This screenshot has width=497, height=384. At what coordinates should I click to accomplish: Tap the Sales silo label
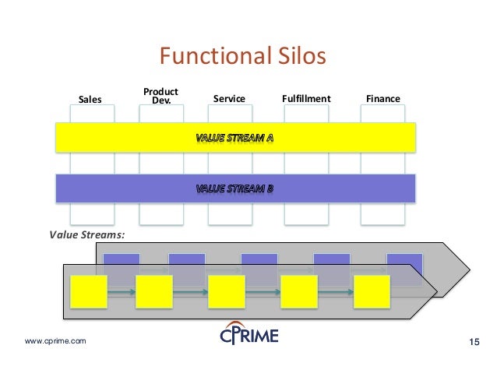(x=91, y=99)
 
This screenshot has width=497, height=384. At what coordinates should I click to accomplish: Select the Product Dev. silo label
(x=161, y=96)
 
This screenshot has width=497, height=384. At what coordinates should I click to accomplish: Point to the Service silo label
(x=229, y=99)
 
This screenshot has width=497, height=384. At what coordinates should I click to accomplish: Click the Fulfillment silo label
(x=305, y=99)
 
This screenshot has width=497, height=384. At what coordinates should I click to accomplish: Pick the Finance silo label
(x=382, y=99)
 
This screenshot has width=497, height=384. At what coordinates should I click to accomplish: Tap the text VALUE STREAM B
(x=234, y=188)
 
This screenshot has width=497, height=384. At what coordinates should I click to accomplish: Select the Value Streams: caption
(x=87, y=233)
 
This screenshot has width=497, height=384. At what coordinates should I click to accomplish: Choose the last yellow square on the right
(x=372, y=293)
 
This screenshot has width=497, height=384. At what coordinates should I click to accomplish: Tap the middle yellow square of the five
(x=226, y=293)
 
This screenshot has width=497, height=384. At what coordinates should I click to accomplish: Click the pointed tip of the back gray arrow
(x=468, y=270)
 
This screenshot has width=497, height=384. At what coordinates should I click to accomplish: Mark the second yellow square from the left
(x=153, y=293)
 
